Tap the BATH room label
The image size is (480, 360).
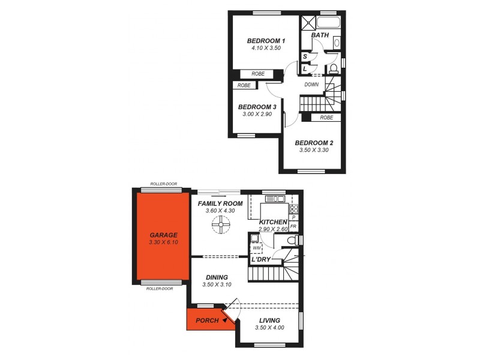click(x=320, y=35)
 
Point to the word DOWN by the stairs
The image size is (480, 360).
click(x=311, y=85)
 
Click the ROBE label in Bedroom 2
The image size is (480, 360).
click(x=326, y=118)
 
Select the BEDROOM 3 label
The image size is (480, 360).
click(x=257, y=107)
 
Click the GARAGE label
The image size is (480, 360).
click(x=163, y=235)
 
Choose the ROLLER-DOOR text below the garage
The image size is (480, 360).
click(x=160, y=289)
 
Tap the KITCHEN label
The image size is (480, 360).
click(x=273, y=223)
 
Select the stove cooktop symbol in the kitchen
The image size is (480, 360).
click(x=294, y=209)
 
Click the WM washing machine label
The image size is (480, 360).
click(x=257, y=247)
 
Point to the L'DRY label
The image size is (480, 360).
click(x=260, y=260)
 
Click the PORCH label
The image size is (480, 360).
click(x=207, y=320)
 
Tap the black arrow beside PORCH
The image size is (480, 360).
click(x=224, y=320)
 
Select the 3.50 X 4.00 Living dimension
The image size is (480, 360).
click(x=269, y=328)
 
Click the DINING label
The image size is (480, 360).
click(x=217, y=277)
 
